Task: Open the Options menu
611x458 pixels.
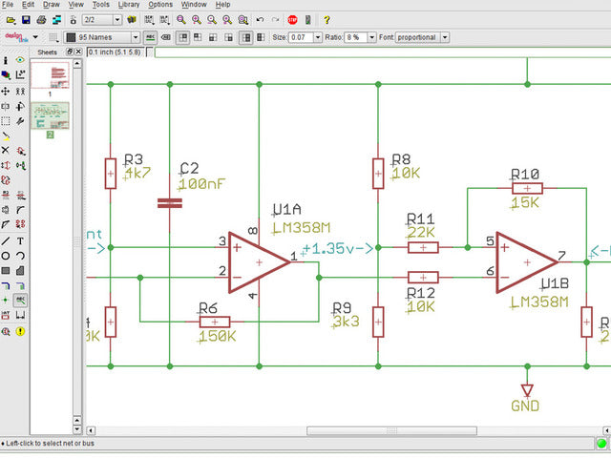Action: click(x=160, y=5)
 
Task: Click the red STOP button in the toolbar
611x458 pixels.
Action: click(x=292, y=19)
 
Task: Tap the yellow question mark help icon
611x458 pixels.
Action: click(x=327, y=19)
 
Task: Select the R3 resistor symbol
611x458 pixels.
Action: click(x=111, y=174)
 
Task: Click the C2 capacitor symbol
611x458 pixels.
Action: click(x=169, y=202)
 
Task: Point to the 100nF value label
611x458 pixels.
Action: click(x=202, y=183)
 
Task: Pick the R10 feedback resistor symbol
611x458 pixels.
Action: click(x=526, y=188)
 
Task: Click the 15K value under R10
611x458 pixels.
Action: click(x=525, y=203)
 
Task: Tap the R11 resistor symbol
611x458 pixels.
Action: click(x=422, y=248)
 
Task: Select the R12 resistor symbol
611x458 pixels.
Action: click(x=422, y=278)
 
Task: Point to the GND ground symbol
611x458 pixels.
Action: click(x=526, y=391)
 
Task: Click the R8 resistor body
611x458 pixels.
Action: click(x=378, y=174)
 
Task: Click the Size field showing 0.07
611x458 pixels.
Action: click(x=303, y=37)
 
